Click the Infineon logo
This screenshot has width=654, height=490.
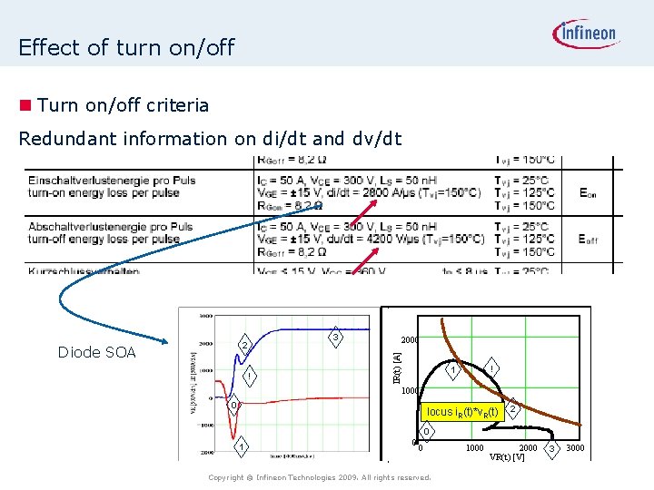pyautogui.click(x=585, y=35)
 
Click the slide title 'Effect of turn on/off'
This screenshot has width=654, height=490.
pyautogui.click(x=126, y=46)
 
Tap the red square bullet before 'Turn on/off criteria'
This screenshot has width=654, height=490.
pyautogui.click(x=27, y=105)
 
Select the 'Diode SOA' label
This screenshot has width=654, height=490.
pyautogui.click(x=96, y=352)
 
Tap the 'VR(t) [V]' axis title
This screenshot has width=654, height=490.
pyautogui.click(x=507, y=456)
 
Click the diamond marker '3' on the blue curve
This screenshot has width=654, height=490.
pyautogui.click(x=334, y=338)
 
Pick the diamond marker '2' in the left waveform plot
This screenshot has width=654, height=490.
pyautogui.click(x=243, y=346)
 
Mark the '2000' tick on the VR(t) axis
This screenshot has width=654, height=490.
pyautogui.click(x=528, y=448)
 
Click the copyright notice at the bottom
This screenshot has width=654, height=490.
pyautogui.click(x=319, y=477)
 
